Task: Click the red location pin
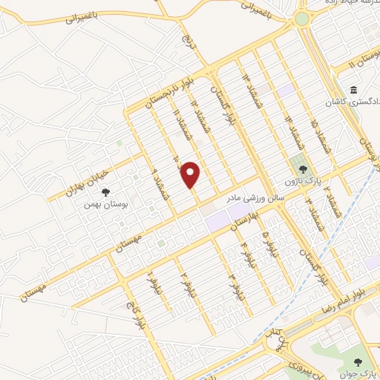pos(191,174)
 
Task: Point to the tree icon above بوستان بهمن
pos(105,191)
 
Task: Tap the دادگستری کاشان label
pos(352,101)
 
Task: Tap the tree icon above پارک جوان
pos(359,362)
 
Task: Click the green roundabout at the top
pos(302,19)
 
